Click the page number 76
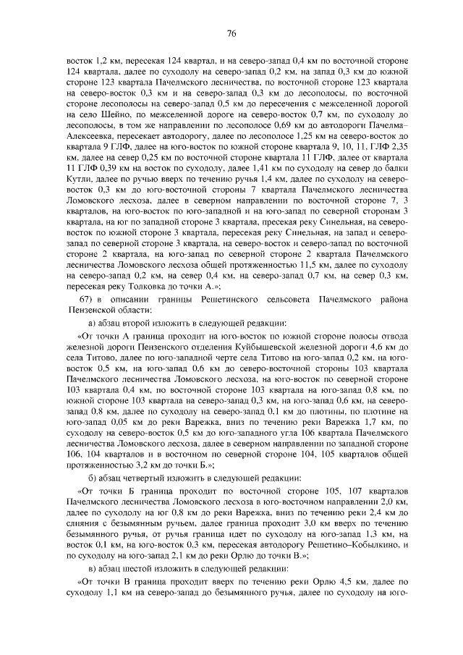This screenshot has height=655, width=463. coord(231,33)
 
